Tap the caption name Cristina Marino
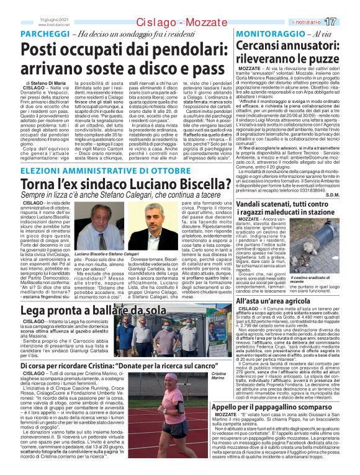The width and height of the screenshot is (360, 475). click(219, 376)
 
